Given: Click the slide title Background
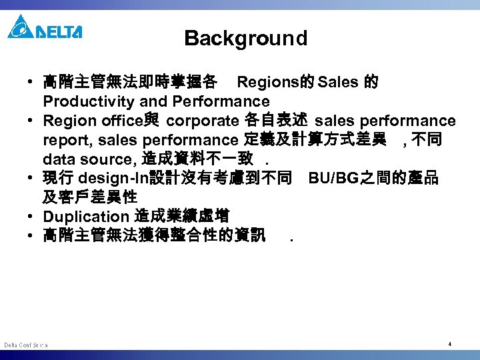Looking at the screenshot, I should [x=246, y=38].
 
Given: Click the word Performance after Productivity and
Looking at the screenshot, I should [x=221, y=102].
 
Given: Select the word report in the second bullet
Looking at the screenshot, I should [x=61, y=140].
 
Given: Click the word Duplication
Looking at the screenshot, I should [x=85, y=217].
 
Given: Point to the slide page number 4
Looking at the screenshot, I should [x=450, y=344].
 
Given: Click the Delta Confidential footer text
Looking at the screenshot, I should [x=25, y=345].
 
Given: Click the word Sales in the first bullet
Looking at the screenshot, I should [x=339, y=83].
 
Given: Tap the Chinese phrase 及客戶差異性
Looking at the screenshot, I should [x=90, y=197].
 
